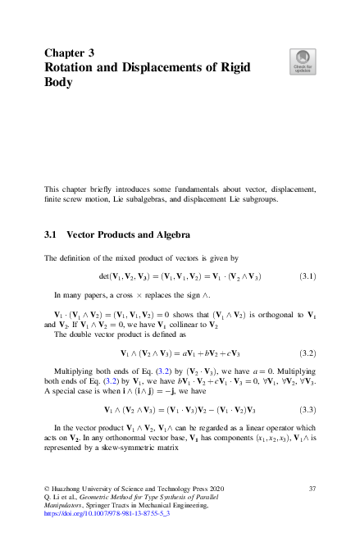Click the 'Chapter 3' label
(70, 52)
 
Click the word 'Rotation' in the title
(76, 68)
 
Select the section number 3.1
(49, 234)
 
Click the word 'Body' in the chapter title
(58, 84)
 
